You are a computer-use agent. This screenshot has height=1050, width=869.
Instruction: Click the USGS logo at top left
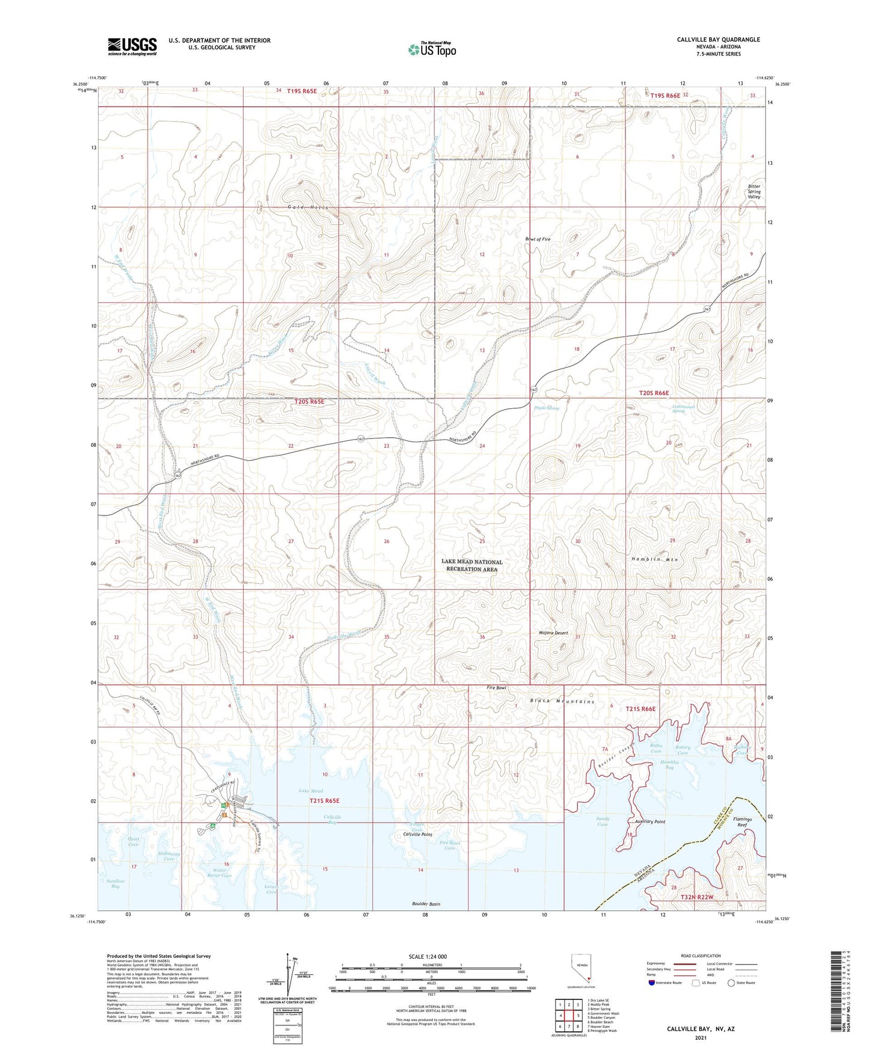(132, 46)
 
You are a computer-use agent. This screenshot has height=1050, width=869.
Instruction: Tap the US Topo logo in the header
(432, 49)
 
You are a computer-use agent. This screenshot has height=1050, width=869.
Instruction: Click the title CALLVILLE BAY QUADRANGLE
(718, 40)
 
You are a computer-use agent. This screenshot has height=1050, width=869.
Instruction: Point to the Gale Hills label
(309, 207)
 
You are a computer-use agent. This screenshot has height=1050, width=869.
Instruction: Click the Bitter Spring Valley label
(754, 191)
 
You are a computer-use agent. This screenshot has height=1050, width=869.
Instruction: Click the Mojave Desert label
(553, 633)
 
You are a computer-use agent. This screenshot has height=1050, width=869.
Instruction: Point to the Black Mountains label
(562, 701)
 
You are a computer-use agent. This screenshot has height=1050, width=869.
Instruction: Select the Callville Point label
(417, 835)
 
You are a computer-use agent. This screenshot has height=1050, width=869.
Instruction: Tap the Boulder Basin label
(430, 904)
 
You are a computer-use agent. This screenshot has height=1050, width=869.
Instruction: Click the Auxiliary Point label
(649, 821)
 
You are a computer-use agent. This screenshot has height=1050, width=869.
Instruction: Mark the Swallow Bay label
(114, 883)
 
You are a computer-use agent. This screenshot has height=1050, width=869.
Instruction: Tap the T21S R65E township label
(324, 800)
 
